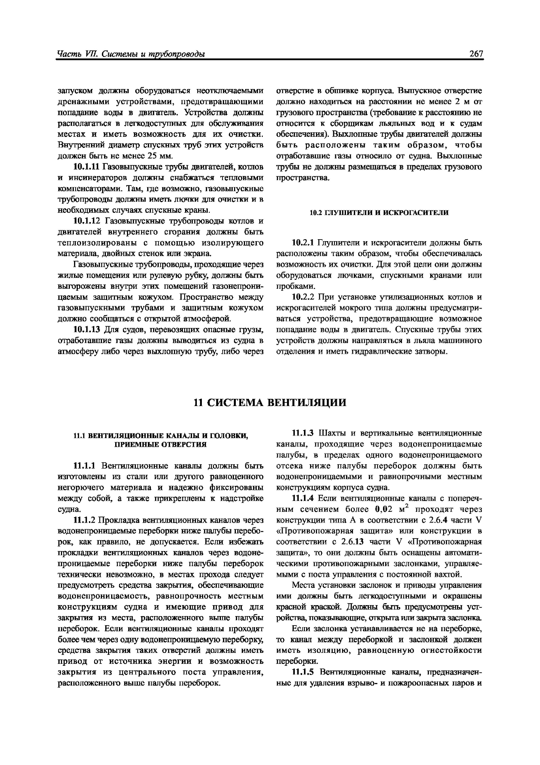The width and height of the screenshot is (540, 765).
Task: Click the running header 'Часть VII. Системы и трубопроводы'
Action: (x=131, y=54)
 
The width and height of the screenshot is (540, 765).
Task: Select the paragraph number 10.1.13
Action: (x=87, y=330)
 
